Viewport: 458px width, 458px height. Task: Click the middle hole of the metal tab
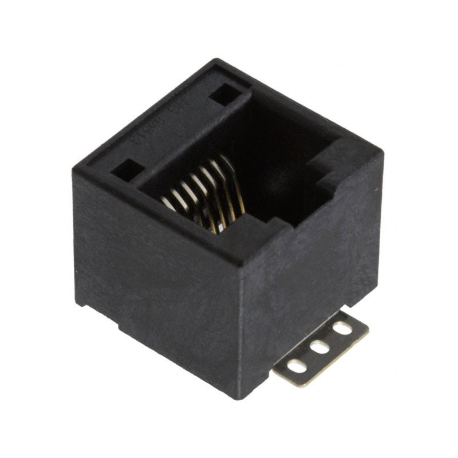coord(319,347)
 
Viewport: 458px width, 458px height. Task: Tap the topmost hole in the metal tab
coord(342,329)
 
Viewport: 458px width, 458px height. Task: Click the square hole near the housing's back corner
coord(225,93)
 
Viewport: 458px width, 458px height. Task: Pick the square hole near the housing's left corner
coord(128,169)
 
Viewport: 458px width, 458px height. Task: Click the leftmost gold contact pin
coord(169,202)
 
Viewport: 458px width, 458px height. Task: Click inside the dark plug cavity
coord(269,172)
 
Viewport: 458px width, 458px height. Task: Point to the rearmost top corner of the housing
coord(216,60)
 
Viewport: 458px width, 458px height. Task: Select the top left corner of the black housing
coord(74,170)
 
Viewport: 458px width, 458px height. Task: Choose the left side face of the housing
coord(155,269)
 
